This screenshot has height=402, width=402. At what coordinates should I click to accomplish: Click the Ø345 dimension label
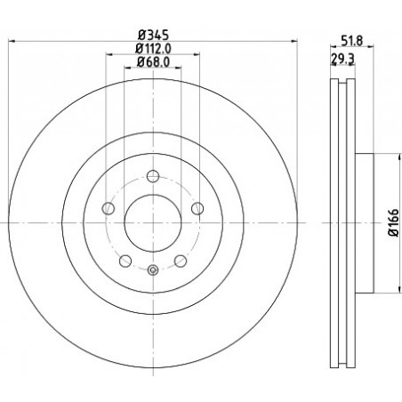tap(153, 36)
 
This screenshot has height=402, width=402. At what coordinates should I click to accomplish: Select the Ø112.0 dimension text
tap(153, 49)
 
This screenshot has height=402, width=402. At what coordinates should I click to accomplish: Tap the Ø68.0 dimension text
tap(153, 62)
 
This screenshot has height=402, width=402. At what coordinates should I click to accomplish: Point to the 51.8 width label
tap(352, 41)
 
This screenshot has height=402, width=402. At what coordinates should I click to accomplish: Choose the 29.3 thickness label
tap(342, 59)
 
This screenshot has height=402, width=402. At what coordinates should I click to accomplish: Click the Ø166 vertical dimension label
tap(394, 222)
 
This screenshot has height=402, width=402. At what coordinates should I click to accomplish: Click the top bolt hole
tap(153, 176)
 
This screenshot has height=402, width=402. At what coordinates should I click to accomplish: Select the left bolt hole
tap(108, 208)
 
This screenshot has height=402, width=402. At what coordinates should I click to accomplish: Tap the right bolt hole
tap(197, 208)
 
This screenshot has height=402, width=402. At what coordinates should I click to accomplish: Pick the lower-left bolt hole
tap(125, 261)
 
